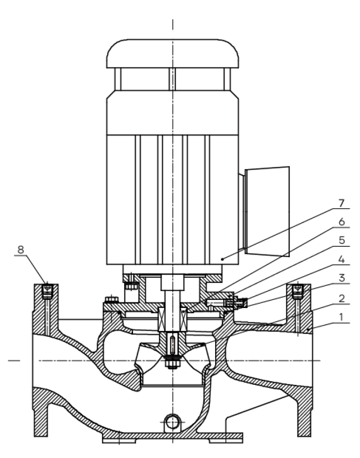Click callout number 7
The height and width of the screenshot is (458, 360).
tap(341, 203)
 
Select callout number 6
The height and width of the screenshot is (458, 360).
tap(341, 222)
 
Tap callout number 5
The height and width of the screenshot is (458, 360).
tap(341, 241)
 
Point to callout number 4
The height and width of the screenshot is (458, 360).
tap(341, 259)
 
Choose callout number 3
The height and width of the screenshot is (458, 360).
tap(341, 278)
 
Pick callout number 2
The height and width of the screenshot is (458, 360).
tap(341, 298)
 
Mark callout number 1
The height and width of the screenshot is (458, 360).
tap(341, 316)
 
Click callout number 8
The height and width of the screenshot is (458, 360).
tap(21, 250)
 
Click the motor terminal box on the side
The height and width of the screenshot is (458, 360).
tap(267, 211)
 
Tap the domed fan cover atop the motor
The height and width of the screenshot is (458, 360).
tap(172, 53)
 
